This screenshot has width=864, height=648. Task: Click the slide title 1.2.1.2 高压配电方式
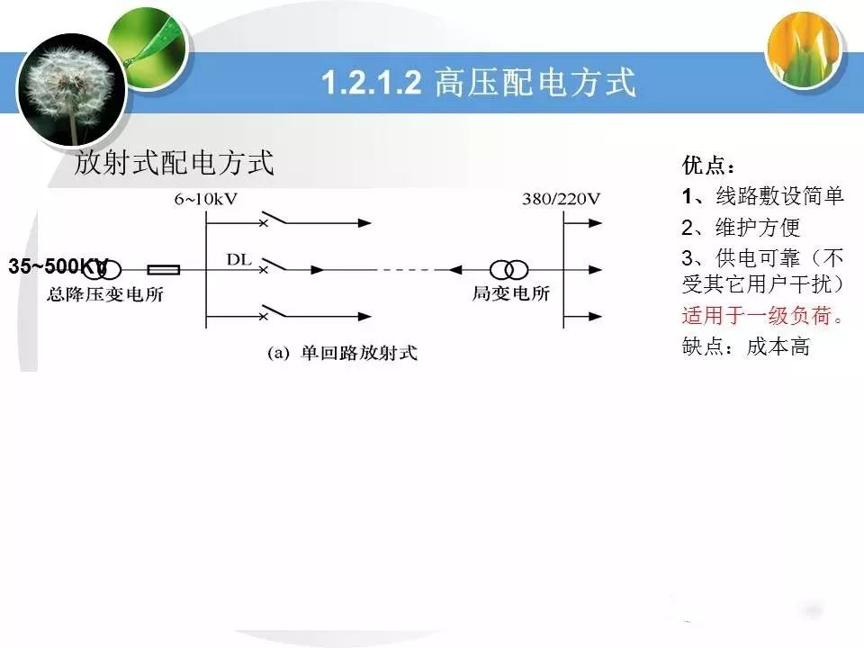click(x=478, y=83)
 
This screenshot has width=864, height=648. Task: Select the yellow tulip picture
click(x=805, y=49)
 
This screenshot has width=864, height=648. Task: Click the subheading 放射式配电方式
click(x=174, y=163)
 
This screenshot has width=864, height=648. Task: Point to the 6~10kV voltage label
click(x=205, y=199)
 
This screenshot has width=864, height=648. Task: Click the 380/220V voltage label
click(x=561, y=199)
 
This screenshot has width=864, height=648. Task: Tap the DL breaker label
click(x=238, y=259)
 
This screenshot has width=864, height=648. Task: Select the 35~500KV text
click(x=58, y=266)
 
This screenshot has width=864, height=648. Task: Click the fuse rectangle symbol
click(x=163, y=270)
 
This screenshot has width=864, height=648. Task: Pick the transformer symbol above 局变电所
click(x=509, y=270)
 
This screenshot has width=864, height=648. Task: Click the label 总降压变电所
click(x=105, y=294)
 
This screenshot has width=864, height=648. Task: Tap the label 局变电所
click(x=511, y=293)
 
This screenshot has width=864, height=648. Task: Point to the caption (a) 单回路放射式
click(x=342, y=353)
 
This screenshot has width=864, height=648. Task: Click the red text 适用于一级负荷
click(x=762, y=316)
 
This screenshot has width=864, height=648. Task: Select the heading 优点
click(x=708, y=165)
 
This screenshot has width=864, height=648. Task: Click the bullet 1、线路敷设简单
click(x=762, y=195)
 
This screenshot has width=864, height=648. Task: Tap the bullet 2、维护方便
click(x=741, y=227)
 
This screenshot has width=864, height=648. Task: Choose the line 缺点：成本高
click(x=745, y=346)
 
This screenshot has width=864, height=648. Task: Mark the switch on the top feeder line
click(x=274, y=218)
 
